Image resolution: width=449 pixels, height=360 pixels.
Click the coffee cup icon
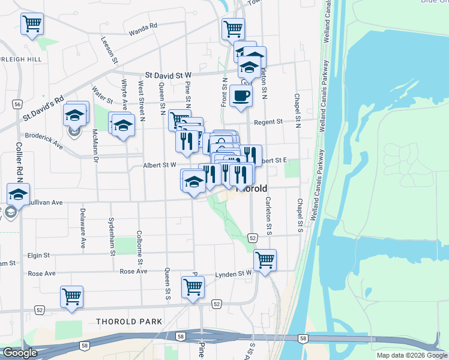coord(241,95)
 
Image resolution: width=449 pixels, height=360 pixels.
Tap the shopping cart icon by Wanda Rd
coord(232,28)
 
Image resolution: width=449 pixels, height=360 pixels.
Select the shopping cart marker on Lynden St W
coord(265,260)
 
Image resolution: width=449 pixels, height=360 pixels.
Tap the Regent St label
coord(268,122)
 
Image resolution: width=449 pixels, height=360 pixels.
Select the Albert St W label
coord(160,164)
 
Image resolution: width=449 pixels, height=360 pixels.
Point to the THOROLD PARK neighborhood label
coord(129,322)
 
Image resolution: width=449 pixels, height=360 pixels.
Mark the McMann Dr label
coord(95,146)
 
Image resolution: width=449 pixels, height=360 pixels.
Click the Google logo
coord(20,353)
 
